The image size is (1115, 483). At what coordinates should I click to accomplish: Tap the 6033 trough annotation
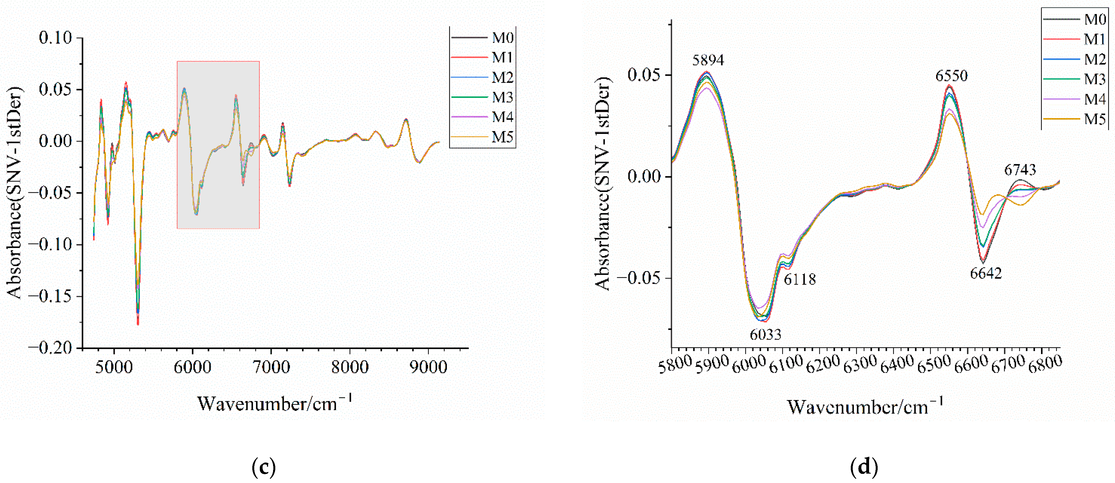tap(765, 334)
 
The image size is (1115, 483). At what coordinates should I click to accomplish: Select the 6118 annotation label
tap(800, 279)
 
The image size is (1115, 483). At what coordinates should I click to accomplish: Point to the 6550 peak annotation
tap(951, 76)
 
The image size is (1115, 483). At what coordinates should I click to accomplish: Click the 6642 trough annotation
tap(986, 273)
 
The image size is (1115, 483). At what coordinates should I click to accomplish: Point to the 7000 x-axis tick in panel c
tap(271, 367)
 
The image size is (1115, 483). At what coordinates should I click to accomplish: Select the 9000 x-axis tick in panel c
tap(428, 367)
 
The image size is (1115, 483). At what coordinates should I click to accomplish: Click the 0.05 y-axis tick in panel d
tap(644, 75)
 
